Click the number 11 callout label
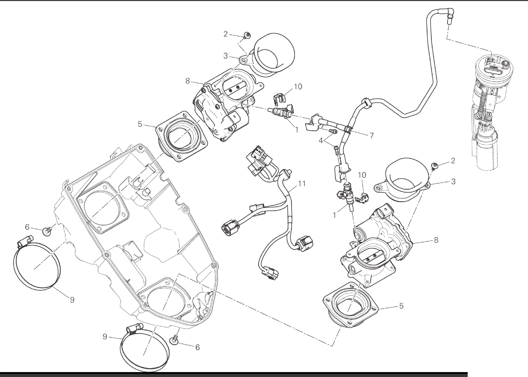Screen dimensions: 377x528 pyautogui.click(x=302, y=184)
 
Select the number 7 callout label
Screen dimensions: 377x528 pyautogui.click(x=371, y=136)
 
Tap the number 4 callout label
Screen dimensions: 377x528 pyautogui.click(x=321, y=141)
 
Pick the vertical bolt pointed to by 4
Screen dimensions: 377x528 pyautogui.click(x=336, y=151)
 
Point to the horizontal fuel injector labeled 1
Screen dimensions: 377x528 pyautogui.click(x=281, y=113)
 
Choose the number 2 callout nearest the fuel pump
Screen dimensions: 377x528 pyautogui.click(x=453, y=161)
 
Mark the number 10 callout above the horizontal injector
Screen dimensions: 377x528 pyautogui.click(x=298, y=87)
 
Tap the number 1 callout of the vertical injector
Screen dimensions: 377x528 pyautogui.click(x=335, y=215)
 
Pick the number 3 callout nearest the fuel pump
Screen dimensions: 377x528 pyautogui.click(x=453, y=181)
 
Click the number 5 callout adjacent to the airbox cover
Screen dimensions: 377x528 pyautogui.click(x=140, y=124)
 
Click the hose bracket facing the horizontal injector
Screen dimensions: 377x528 pyautogui.click(x=312, y=121)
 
